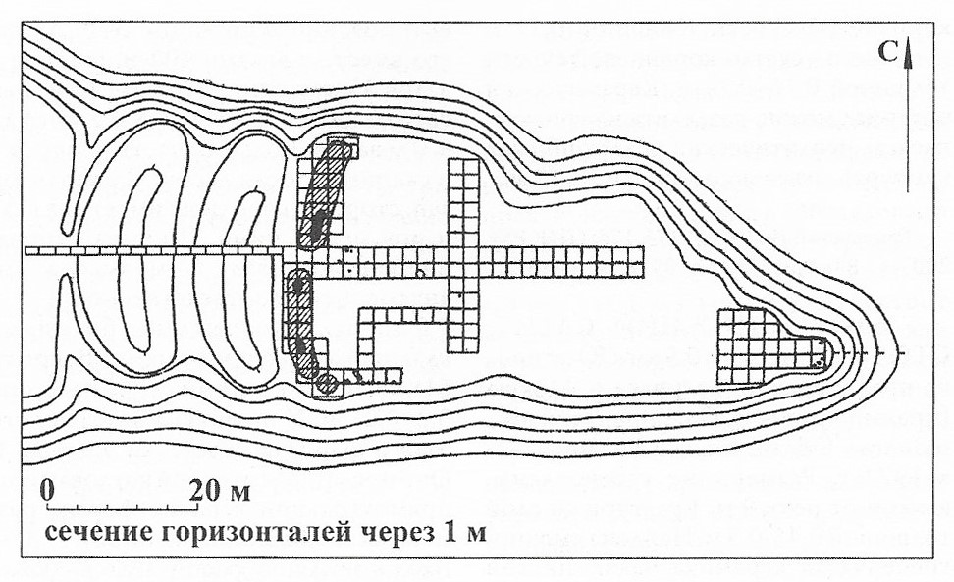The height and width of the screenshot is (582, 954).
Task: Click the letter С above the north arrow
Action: (x=888, y=52)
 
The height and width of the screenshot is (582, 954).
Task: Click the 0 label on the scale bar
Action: (x=48, y=490)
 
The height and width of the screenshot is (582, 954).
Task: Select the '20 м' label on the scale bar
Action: (x=219, y=490)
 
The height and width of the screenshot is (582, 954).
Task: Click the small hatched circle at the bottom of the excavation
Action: (x=328, y=383)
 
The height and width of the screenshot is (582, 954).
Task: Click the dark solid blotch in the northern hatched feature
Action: (x=318, y=227)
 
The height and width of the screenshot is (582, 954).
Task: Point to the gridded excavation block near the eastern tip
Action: (x=771, y=346)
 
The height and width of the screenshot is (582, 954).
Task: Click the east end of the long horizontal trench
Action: (x=644, y=262)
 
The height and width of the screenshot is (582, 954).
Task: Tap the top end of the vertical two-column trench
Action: (x=463, y=159)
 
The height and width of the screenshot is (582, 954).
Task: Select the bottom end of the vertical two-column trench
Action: (x=463, y=352)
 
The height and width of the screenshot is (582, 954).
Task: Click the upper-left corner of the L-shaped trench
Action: (x=358, y=309)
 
